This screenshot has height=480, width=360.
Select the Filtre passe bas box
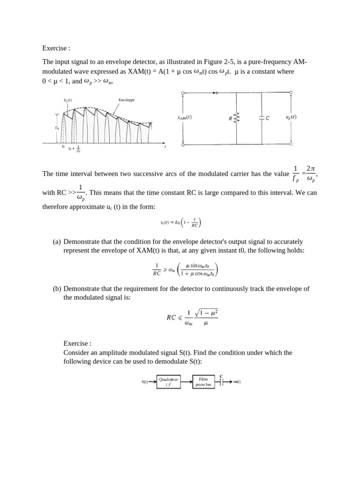(204, 382)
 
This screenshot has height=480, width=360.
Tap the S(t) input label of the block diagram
(145, 382)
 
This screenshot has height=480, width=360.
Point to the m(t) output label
(237, 382)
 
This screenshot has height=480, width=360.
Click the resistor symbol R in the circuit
(236, 119)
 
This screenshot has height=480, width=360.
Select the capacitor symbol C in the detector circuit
(261, 119)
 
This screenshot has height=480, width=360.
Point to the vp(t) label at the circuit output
(291, 117)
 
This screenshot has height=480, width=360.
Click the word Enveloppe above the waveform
(127, 100)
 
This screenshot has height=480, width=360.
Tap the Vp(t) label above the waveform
(67, 100)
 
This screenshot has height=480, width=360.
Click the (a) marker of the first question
(57, 242)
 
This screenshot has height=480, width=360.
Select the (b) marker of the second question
(57, 289)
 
